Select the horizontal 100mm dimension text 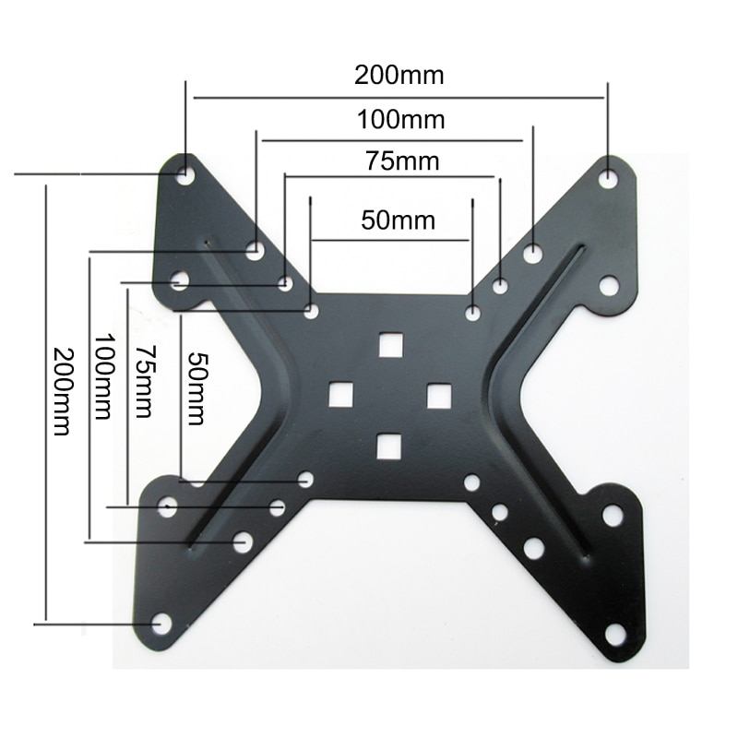[400, 119]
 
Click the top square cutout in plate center [391, 344]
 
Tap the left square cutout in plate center [341, 395]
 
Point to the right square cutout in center [438, 395]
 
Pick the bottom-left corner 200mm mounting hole [162, 624]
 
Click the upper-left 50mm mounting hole [313, 312]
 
